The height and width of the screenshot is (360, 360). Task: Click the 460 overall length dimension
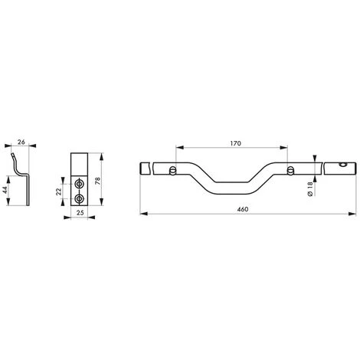[243, 209]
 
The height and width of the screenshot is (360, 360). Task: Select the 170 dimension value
[235, 143]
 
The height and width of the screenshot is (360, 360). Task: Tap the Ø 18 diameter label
[310, 188]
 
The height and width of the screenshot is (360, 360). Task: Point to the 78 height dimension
[98, 181]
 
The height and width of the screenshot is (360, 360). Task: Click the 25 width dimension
[80, 213]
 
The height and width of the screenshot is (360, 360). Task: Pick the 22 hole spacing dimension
[58, 191]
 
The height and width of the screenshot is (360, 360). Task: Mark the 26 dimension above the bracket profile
[21, 142]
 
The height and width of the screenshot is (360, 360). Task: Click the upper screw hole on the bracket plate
[79, 183]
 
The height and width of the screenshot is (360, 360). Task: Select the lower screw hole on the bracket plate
[79, 198]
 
